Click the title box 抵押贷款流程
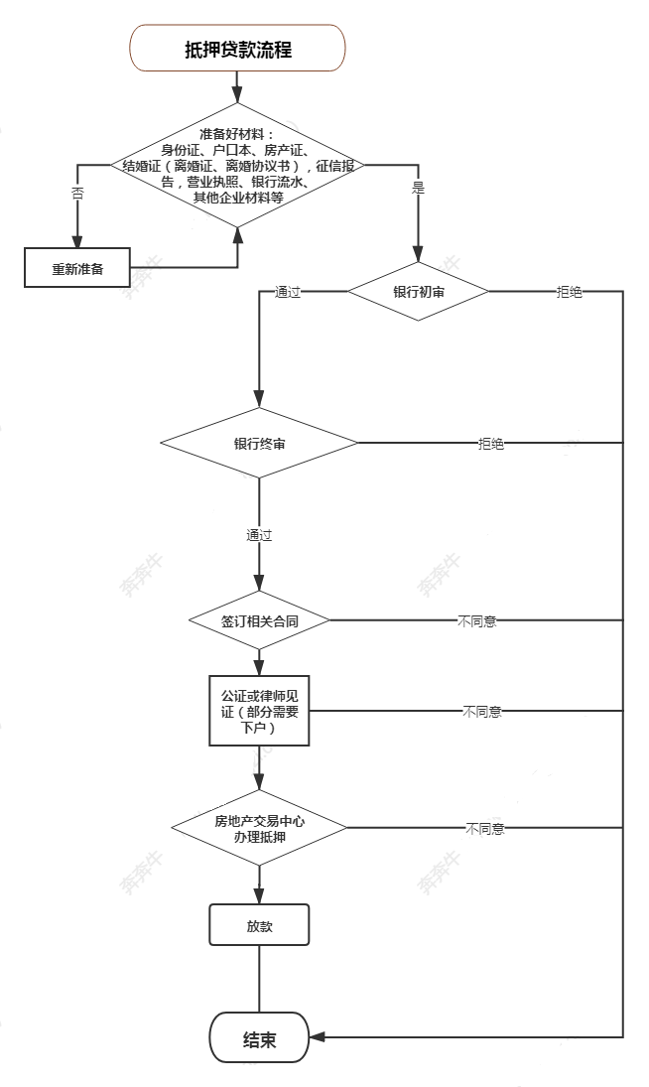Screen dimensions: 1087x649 point(238,49)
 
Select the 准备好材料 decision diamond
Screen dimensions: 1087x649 point(238,166)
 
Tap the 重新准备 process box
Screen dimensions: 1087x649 point(77,269)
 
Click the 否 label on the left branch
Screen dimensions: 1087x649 point(77,193)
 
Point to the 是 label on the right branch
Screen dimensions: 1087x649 point(417,187)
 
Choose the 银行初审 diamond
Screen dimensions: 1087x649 point(417,292)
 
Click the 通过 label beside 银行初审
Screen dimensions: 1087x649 point(288,293)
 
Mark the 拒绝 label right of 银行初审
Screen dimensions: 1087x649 point(570,293)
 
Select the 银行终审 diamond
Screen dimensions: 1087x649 point(259,443)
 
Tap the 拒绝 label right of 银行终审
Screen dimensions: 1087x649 point(490,444)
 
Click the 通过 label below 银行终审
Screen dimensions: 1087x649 point(259,535)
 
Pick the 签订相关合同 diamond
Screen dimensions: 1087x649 point(259,620)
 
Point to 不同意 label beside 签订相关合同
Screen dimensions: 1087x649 point(476,621)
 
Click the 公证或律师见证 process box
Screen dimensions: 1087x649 point(259,711)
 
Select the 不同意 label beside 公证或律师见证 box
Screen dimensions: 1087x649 point(481,712)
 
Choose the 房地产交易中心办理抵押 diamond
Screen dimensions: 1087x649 point(259,827)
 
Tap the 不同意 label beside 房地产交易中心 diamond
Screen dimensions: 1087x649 point(484,828)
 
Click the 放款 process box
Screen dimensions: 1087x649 point(259,925)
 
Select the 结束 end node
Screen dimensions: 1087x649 point(259,1038)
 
